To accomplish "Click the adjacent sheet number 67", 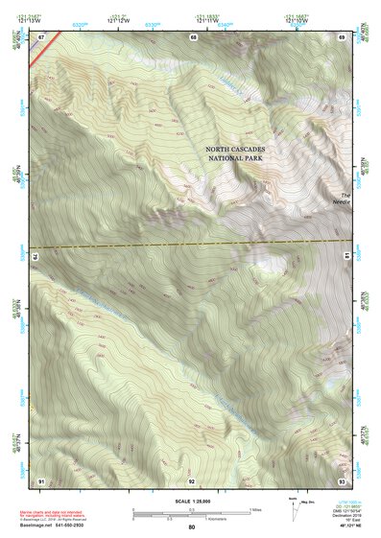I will coord(41,36).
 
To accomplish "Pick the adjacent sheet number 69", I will coord(342,36).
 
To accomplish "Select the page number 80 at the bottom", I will coord(192,526).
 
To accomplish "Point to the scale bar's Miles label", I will coord(254,509).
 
